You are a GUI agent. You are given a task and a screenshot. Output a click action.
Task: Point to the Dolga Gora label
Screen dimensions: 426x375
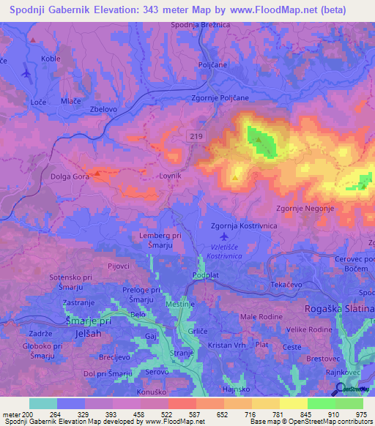click(x=70, y=176)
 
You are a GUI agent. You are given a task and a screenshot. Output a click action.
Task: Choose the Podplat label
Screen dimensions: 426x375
click(x=205, y=275)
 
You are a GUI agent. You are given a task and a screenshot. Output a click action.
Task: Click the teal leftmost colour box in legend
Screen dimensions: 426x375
click(x=43, y=403)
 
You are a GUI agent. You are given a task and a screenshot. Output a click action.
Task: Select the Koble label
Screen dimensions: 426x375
click(x=51, y=59)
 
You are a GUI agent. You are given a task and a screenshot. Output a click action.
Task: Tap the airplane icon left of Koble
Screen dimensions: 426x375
click(x=26, y=72)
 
